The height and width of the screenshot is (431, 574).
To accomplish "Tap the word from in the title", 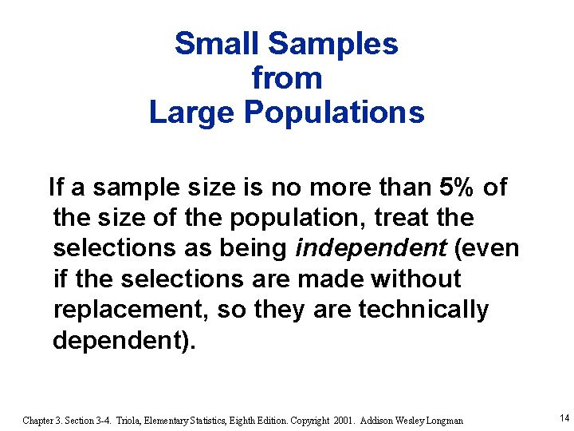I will [287, 78].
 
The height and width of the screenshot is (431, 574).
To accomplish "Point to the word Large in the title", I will [192, 113].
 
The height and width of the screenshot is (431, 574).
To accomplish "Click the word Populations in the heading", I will [335, 113].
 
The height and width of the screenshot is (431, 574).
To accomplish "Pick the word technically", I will [423, 310].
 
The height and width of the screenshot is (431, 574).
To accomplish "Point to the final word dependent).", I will [123, 341].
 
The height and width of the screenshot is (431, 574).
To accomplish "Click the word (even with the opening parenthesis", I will [486, 248].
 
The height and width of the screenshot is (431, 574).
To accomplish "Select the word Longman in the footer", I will [443, 420].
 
